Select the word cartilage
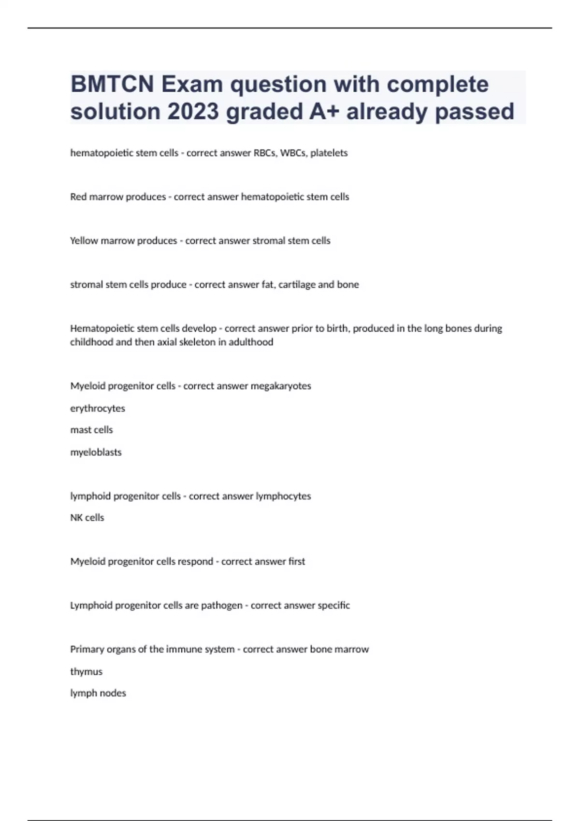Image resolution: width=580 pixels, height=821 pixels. (296, 285)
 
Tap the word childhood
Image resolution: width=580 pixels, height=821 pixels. (92, 342)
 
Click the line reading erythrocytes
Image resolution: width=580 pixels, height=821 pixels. (98, 409)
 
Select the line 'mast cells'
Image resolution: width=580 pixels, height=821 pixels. (91, 430)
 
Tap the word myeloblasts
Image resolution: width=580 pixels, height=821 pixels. (96, 453)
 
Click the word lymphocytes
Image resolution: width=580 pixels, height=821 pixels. (283, 496)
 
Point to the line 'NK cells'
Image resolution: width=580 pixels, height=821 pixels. (87, 518)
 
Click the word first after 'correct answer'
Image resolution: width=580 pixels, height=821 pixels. (296, 562)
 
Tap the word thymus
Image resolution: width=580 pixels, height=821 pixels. (86, 672)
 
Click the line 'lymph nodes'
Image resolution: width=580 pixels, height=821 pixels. (98, 694)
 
